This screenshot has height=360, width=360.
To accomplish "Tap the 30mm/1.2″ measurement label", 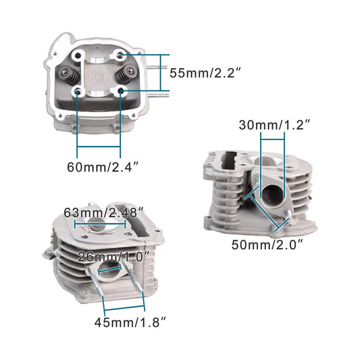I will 275,124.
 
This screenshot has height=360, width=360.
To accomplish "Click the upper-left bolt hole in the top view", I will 80,55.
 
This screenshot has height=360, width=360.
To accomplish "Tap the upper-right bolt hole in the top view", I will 120,53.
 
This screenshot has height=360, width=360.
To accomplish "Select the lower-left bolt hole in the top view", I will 78,91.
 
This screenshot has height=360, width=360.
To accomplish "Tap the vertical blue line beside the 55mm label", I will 161,72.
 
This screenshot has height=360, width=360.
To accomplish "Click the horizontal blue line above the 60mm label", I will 99,147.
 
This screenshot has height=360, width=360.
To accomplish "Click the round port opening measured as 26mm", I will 109,270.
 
